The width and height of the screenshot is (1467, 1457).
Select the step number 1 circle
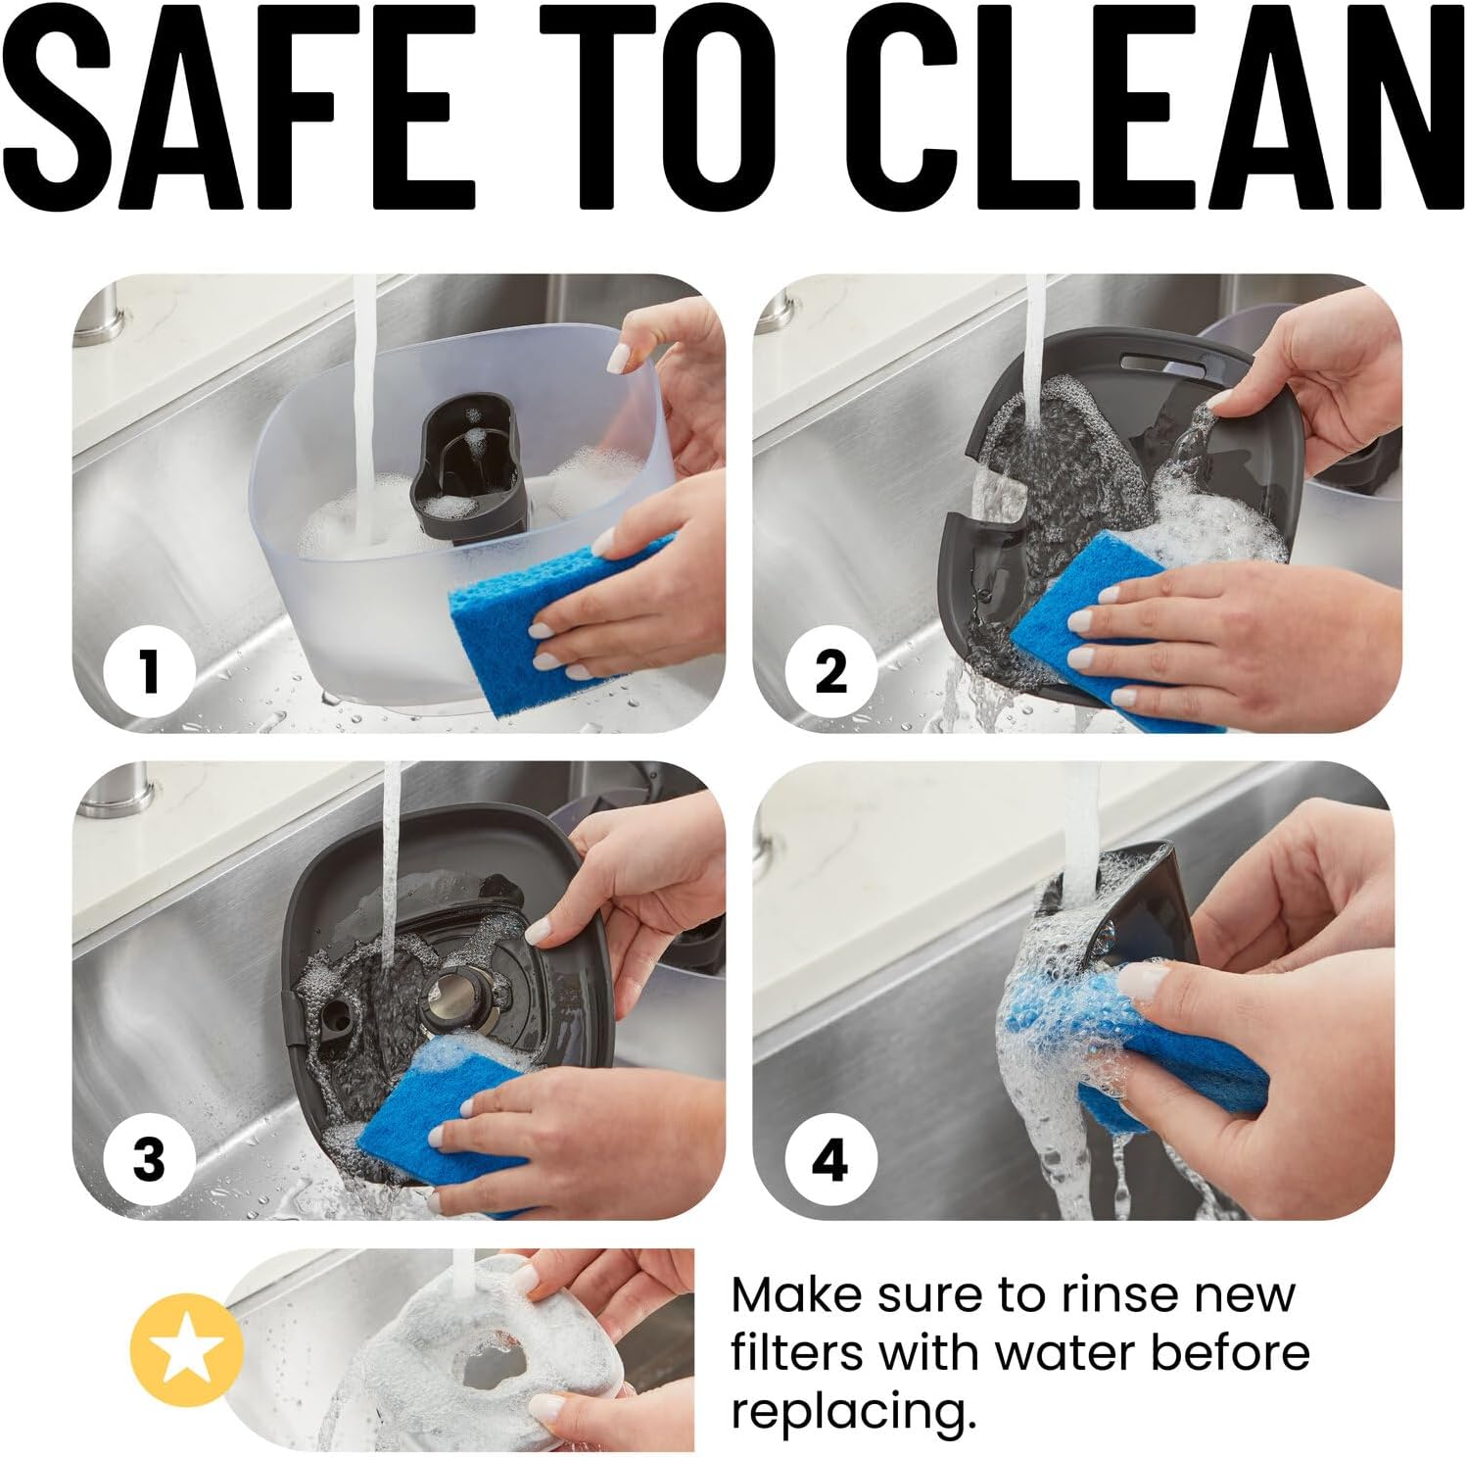click(x=149, y=673)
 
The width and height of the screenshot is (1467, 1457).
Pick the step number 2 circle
click(x=830, y=673)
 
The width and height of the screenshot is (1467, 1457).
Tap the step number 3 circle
click(x=149, y=1160)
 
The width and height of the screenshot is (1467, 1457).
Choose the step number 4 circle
click(x=830, y=1160)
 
